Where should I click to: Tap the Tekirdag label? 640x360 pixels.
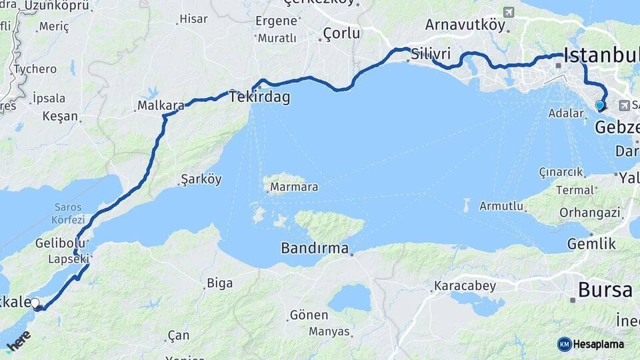pyautogui.click(x=259, y=97)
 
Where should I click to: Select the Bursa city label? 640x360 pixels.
pyautogui.click(x=605, y=290)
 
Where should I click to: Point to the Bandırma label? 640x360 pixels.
pyautogui.click(x=315, y=249)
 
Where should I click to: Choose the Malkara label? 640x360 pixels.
pyautogui.click(x=161, y=105)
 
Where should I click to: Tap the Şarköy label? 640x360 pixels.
pyautogui.click(x=201, y=179)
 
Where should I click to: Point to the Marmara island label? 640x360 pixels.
pyautogui.click(x=294, y=187)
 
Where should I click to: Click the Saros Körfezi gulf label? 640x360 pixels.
pyautogui.click(x=69, y=213)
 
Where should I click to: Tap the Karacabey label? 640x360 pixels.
pyautogui.click(x=465, y=286)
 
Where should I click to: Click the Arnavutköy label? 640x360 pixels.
pyautogui.click(x=465, y=26)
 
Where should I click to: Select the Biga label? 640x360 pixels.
pyautogui.click(x=219, y=283)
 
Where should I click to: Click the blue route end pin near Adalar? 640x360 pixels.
pyautogui.click(x=599, y=105)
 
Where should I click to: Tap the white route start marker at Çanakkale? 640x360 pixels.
pyautogui.click(x=35, y=303)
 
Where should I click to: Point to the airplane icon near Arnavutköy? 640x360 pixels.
pyautogui.click(x=509, y=13)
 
